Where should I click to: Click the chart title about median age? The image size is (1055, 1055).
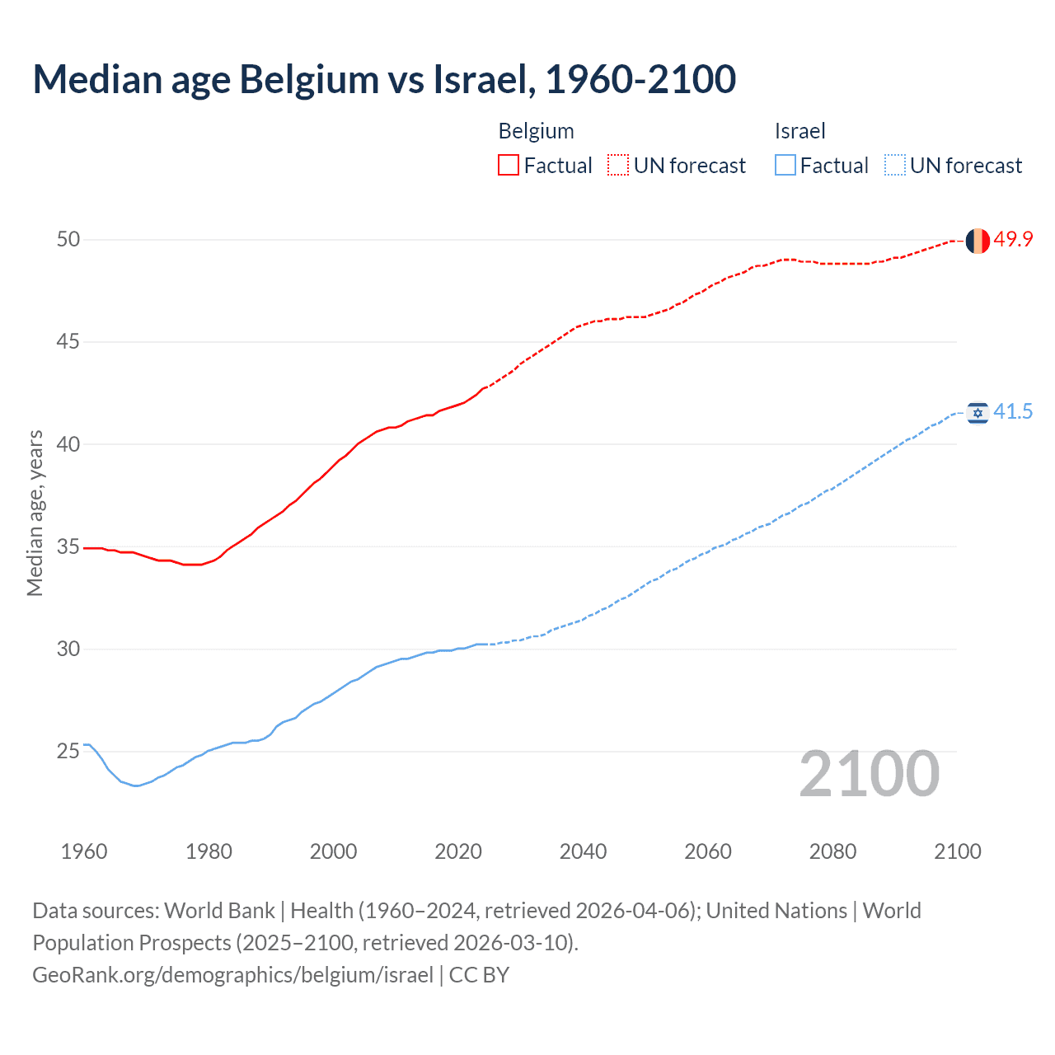click(384, 79)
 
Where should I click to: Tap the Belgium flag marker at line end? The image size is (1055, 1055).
click(978, 241)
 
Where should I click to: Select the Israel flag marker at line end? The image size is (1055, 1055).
click(978, 413)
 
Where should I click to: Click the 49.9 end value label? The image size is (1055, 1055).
click(1013, 240)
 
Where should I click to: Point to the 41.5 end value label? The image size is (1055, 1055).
click(1013, 412)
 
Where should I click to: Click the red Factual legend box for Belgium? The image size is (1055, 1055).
click(509, 166)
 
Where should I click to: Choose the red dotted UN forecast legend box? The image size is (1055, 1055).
click(618, 166)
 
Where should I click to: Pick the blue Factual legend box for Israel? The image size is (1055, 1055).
click(785, 166)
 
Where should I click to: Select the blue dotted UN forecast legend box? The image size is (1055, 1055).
click(894, 166)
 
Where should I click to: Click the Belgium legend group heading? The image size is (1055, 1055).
click(536, 131)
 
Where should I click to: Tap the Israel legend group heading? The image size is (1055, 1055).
click(799, 131)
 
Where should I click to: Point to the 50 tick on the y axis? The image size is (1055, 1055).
click(68, 240)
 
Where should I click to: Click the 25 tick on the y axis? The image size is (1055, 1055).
click(68, 752)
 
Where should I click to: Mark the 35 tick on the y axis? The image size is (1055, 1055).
click(68, 547)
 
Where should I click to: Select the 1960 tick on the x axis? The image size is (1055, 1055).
click(84, 851)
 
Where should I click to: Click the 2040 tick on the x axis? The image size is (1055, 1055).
click(583, 851)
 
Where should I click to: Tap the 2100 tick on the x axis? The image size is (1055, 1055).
click(957, 851)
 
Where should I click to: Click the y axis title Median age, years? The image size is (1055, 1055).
click(35, 513)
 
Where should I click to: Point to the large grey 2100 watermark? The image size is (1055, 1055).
click(869, 774)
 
